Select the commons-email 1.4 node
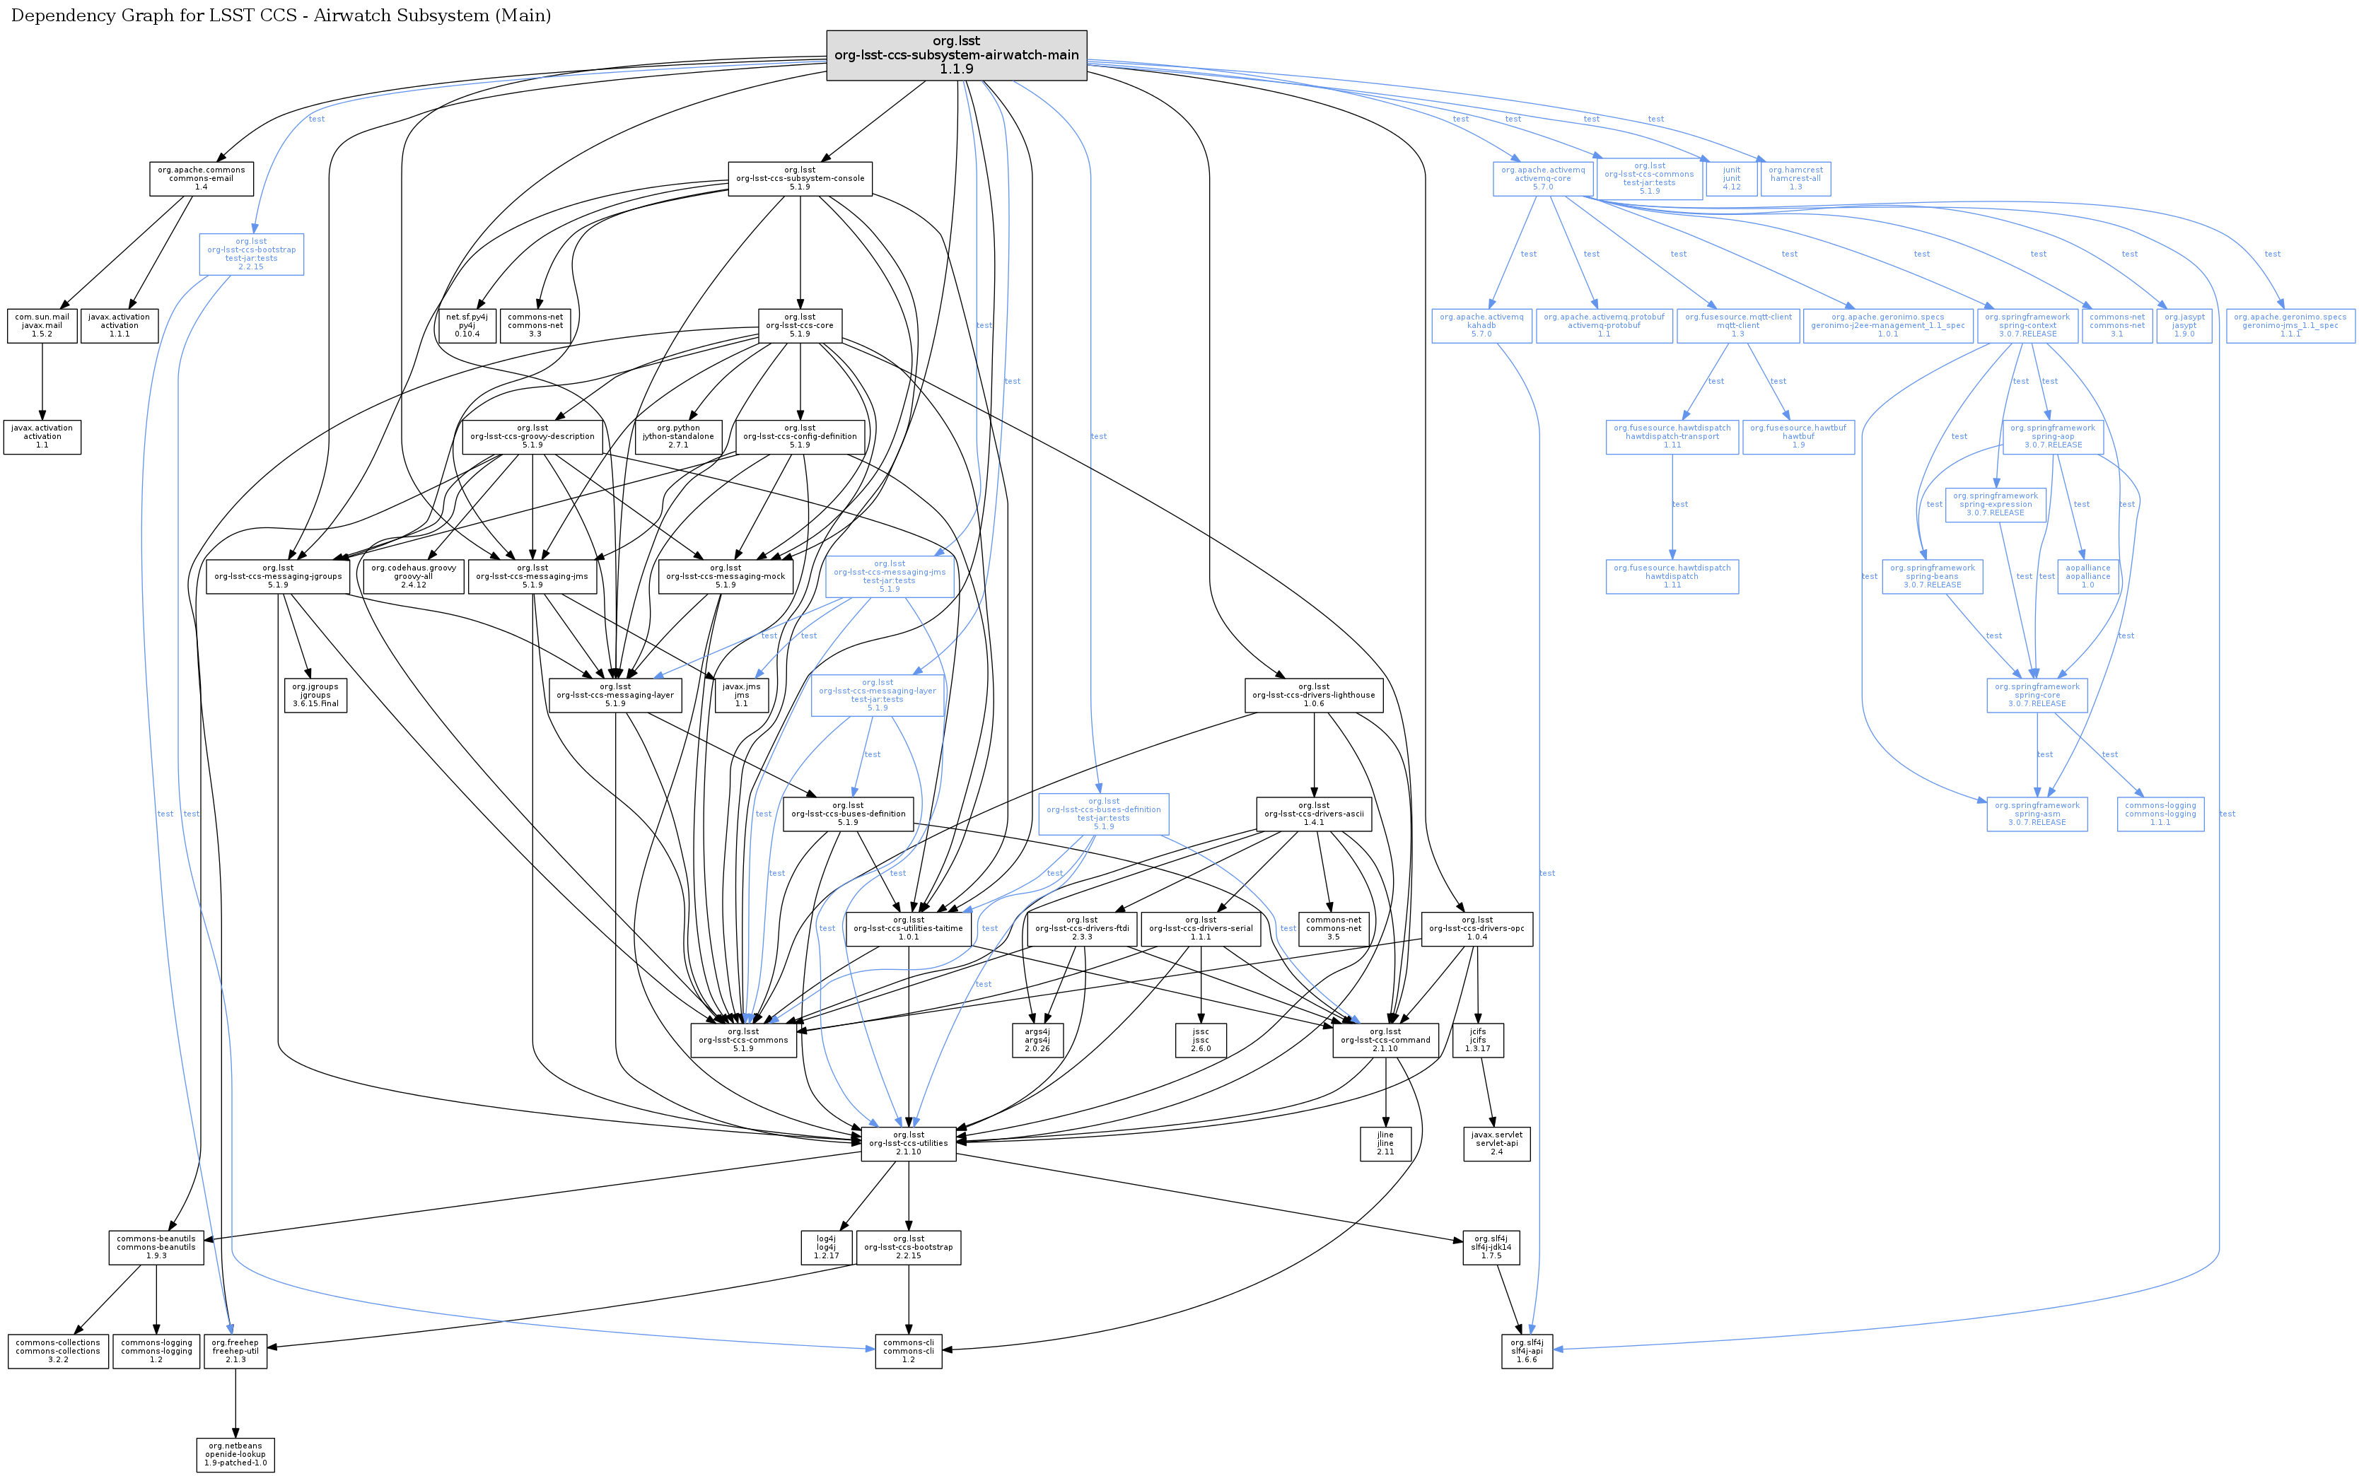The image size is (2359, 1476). point(201,179)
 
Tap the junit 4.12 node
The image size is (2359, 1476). point(1731,179)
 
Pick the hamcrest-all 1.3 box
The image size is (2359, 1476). point(1795,179)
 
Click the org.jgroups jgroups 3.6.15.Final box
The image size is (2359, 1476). point(315,695)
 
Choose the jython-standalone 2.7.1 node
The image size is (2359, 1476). point(679,436)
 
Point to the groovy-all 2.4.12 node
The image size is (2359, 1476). point(413,576)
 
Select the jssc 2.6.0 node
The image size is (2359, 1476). point(1200,1040)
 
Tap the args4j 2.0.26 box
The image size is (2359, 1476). point(1037,1040)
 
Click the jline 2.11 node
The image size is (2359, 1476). point(1385,1143)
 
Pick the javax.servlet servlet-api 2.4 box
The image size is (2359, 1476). point(1496,1143)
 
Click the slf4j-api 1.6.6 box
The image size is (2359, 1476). point(1526,1351)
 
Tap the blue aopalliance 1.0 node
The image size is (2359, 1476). point(2087,576)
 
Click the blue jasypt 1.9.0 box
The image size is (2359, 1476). point(2184,325)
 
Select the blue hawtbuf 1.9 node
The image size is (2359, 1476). point(1798,436)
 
